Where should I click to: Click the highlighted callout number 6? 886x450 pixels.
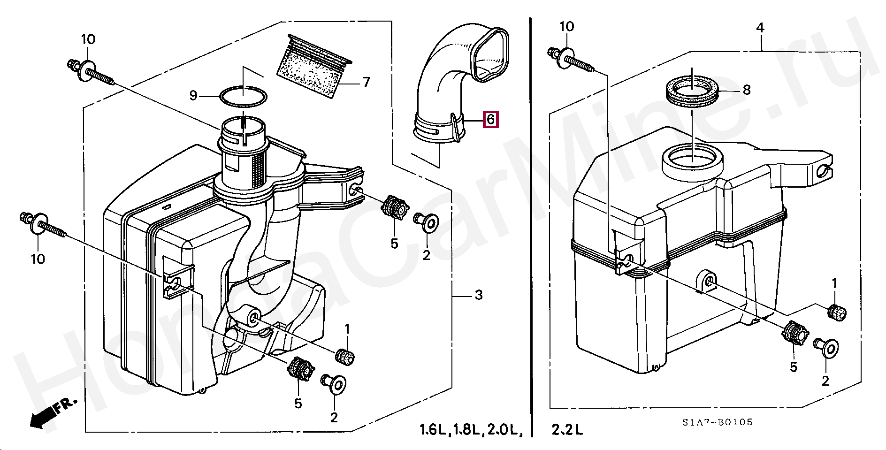(x=490, y=119)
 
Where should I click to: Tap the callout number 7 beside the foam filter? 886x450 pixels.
(x=367, y=82)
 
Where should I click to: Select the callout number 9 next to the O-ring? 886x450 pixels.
(x=193, y=95)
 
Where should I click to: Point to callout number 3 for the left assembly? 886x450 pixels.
(x=478, y=295)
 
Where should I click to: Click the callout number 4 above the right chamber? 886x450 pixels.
(x=760, y=28)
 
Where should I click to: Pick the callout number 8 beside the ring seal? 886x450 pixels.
(x=747, y=90)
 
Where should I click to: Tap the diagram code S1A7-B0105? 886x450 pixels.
(x=718, y=422)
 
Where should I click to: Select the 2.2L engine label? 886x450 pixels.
(x=567, y=429)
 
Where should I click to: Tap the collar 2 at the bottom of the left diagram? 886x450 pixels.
(x=334, y=384)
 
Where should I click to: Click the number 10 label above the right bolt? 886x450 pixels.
(x=567, y=26)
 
